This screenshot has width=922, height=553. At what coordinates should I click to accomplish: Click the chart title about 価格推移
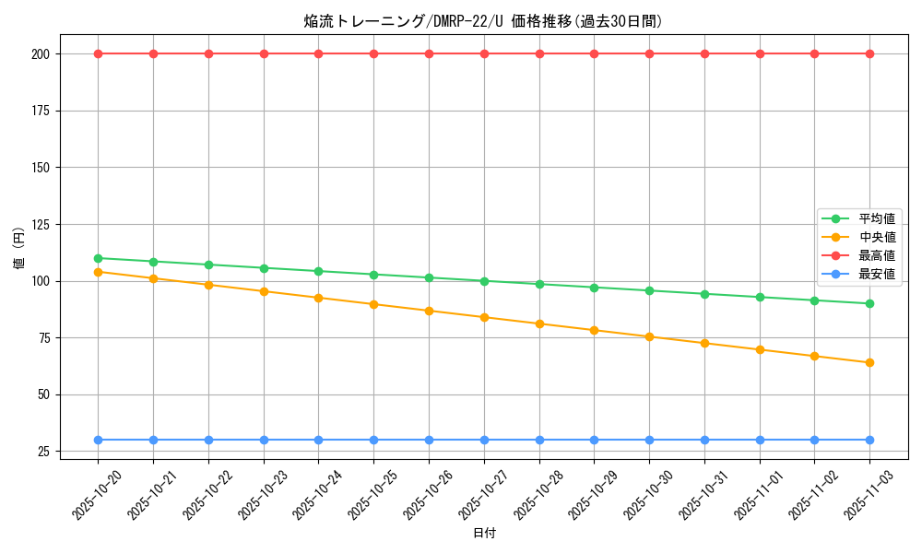(x=483, y=21)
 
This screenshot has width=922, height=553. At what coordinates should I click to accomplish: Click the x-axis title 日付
(x=484, y=533)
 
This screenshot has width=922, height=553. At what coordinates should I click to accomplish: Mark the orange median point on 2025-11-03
(x=869, y=362)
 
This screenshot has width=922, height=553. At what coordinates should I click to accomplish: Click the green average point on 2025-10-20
(x=98, y=258)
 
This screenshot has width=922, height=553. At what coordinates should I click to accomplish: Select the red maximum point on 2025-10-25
(x=373, y=53)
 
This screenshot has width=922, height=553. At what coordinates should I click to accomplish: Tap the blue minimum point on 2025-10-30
(x=649, y=440)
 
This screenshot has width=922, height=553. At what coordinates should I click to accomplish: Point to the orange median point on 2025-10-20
(x=98, y=272)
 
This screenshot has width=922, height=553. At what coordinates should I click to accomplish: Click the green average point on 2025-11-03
(x=869, y=303)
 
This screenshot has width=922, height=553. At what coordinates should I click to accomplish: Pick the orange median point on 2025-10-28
(x=539, y=324)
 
